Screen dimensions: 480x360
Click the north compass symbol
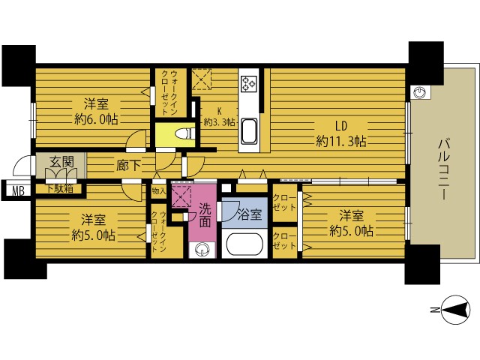coord(456,310)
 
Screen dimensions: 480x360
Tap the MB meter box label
coord(18,191)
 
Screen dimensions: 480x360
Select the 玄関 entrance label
coord(61,162)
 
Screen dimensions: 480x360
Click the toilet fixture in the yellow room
coord(185,133)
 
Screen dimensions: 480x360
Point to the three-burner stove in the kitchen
coord(248,83)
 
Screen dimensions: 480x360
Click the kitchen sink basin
coord(248,131)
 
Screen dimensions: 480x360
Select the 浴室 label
coord(250,214)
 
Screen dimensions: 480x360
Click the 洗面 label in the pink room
coord(205,215)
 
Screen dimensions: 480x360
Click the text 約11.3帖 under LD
coord(340,141)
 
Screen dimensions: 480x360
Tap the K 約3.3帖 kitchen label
coord(219,117)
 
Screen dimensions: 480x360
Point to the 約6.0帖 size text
coord(97,119)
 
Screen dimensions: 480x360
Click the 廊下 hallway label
coord(128,166)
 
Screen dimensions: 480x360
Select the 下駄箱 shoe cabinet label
coord(60,188)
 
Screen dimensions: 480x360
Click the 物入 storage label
coord(159,192)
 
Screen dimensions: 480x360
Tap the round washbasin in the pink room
coord(202,250)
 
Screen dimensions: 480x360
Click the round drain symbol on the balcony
coord(420,92)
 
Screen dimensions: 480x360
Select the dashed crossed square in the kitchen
coord(202,79)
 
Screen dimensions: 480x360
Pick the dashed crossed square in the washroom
coord(181,196)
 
